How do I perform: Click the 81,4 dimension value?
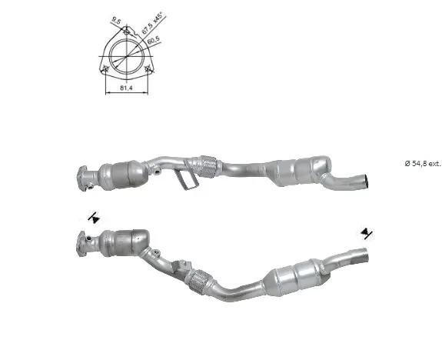(x=126, y=88)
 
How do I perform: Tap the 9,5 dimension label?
(x=116, y=20)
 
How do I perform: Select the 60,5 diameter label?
(x=154, y=40)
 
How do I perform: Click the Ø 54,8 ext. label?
(x=423, y=163)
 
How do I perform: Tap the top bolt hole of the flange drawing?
(x=127, y=32)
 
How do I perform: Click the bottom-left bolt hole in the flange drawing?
(x=106, y=68)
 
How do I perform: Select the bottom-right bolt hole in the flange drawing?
(x=147, y=68)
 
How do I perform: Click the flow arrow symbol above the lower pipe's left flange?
(x=94, y=218)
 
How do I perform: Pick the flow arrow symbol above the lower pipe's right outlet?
(x=367, y=233)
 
